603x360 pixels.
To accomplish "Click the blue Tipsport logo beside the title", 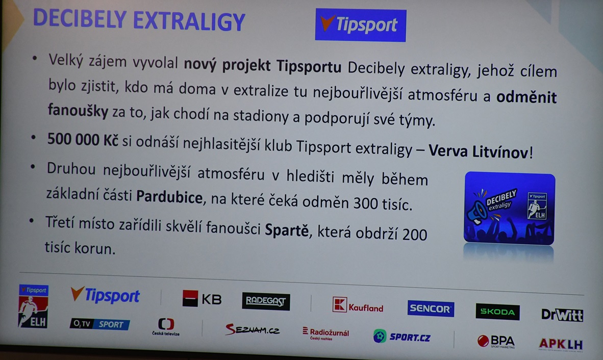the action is (x=360, y=25).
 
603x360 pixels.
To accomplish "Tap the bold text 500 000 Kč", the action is (x=83, y=140).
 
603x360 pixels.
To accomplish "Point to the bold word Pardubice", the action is (x=169, y=197).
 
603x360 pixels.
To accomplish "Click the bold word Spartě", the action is (x=287, y=230).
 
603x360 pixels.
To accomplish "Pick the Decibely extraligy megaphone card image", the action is (x=509, y=208).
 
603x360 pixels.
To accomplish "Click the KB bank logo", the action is (x=202, y=299).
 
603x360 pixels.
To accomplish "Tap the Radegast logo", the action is (x=266, y=301).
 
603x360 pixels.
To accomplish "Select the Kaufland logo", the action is (x=358, y=306).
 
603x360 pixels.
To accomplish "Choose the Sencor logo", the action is (x=431, y=308).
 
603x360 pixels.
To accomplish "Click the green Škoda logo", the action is (x=497, y=312).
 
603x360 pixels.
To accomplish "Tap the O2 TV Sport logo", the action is (x=99, y=324).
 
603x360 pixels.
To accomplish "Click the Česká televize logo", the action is (x=166, y=326).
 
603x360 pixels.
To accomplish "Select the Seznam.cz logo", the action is (x=253, y=329).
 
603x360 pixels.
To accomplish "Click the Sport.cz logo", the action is (x=401, y=337).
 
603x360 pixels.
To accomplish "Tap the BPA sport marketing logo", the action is (x=496, y=341).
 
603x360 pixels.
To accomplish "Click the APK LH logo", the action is (x=561, y=344).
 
